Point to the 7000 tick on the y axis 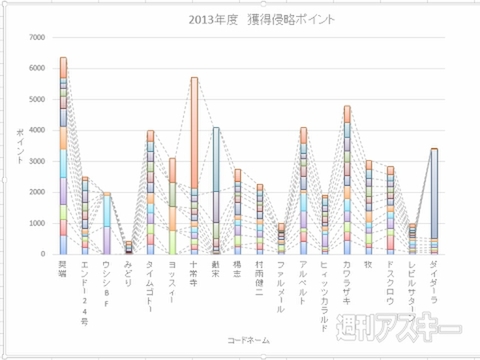pos(37,37)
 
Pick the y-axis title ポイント pos(20,146)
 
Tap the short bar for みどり pos(128,247)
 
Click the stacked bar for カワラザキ pos(347,180)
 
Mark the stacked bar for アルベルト pos(303,191)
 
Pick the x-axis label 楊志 pos(238,267)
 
